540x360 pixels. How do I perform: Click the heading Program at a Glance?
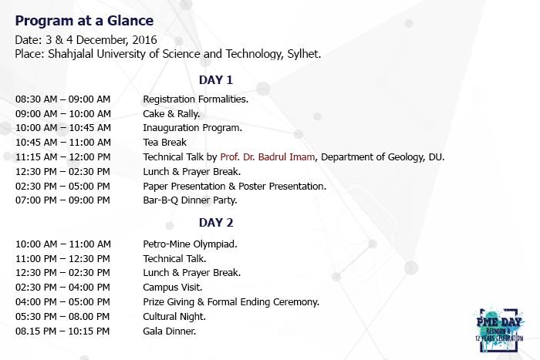click(x=84, y=21)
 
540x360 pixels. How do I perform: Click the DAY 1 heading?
click(x=216, y=80)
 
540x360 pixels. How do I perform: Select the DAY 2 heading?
click(x=216, y=223)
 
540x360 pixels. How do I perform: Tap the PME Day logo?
click(x=499, y=329)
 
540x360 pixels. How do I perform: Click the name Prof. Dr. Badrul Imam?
click(x=267, y=157)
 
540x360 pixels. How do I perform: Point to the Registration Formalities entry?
click(x=196, y=99)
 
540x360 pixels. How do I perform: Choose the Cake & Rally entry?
click(x=171, y=114)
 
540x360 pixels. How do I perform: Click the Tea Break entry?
click(x=164, y=142)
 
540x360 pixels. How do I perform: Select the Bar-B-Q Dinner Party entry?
click(x=190, y=200)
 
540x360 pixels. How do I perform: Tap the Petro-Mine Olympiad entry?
click(x=190, y=244)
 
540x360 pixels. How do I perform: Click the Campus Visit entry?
click(x=173, y=287)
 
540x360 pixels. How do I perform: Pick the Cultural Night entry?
click(x=174, y=316)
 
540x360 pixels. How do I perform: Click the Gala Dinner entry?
click(x=170, y=331)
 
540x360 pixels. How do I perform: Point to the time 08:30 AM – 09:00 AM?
click(x=62, y=99)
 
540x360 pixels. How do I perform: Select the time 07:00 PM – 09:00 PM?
click(x=62, y=200)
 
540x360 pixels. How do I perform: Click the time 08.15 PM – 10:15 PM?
click(x=62, y=331)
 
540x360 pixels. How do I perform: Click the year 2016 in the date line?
click(x=145, y=40)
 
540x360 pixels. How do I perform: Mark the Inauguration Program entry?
click(x=193, y=128)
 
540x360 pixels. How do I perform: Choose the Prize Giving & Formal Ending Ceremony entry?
click(x=231, y=302)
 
